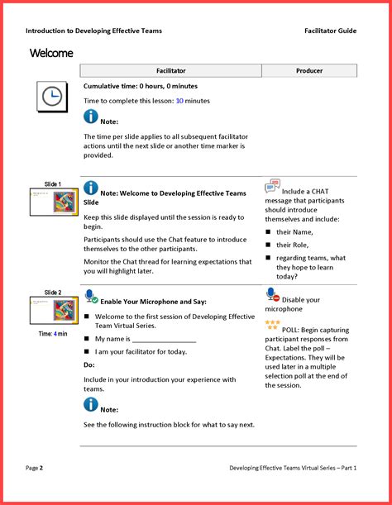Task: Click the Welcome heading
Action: point(51,53)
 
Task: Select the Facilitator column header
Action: point(171,70)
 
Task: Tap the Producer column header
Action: point(309,70)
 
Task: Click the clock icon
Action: point(52,97)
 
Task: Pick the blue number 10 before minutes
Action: point(179,101)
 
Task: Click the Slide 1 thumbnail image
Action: point(54,202)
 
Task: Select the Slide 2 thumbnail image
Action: point(54,311)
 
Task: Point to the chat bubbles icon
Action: point(272,186)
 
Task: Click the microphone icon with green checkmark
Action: point(91,296)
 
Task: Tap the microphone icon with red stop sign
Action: point(273,295)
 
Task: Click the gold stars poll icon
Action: point(272,325)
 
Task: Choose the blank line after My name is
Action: point(164,342)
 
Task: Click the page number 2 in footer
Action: point(41,468)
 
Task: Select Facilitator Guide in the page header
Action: point(331,31)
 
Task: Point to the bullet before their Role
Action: point(268,245)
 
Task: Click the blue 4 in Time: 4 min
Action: point(55,334)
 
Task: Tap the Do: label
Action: point(89,364)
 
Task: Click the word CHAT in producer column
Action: point(320,191)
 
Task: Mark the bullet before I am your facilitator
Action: point(86,351)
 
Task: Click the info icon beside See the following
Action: point(91,404)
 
